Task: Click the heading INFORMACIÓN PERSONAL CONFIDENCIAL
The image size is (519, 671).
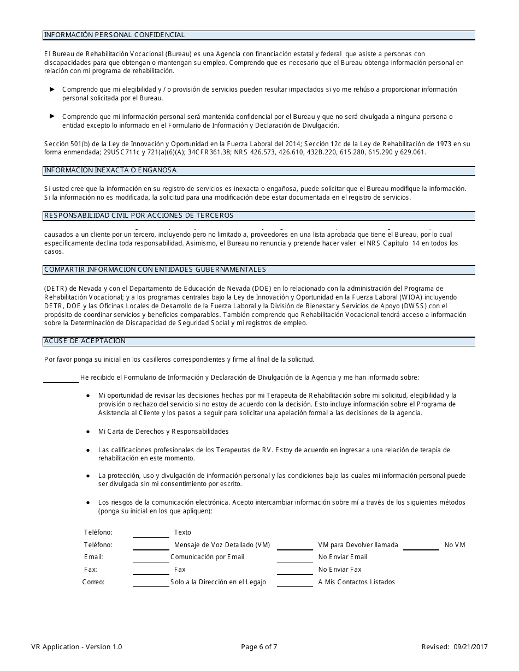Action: (114, 35)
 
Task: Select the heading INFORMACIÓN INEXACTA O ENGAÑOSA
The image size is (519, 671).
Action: (110, 170)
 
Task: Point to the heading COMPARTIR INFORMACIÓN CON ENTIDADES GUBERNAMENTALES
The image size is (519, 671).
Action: (155, 269)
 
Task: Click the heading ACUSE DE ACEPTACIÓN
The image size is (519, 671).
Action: (85, 341)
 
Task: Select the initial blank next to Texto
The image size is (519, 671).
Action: (151, 532)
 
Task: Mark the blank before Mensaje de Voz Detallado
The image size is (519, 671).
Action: (151, 545)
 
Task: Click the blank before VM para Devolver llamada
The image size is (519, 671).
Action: (295, 545)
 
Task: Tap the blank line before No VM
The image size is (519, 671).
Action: (421, 545)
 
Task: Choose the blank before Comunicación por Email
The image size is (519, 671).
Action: (151, 558)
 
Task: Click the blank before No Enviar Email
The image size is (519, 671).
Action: (295, 558)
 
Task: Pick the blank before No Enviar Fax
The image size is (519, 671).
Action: (295, 570)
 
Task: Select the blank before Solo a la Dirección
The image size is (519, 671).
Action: (151, 583)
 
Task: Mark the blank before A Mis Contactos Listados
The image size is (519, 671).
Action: (295, 583)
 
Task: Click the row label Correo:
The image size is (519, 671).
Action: (93, 582)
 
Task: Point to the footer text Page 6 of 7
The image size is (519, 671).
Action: (259, 647)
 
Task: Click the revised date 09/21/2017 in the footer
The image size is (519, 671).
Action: (470, 647)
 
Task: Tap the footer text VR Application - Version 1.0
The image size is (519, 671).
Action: (77, 647)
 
